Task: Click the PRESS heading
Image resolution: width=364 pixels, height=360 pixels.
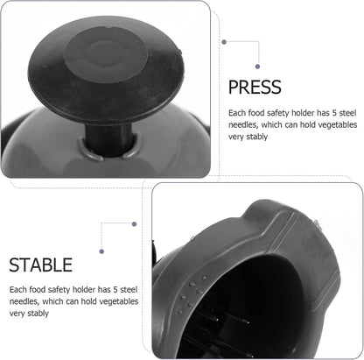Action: click(255, 87)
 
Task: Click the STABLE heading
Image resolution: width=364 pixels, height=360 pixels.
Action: click(41, 265)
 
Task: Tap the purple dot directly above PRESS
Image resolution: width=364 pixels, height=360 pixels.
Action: click(257, 67)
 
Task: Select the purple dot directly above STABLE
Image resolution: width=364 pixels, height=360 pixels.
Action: click(101, 251)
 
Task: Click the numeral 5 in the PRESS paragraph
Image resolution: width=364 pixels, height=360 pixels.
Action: click(334, 113)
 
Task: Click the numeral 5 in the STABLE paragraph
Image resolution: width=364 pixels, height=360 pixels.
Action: click(115, 289)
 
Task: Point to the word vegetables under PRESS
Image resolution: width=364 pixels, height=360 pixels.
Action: click(338, 124)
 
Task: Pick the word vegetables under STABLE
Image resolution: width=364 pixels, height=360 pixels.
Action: click(119, 301)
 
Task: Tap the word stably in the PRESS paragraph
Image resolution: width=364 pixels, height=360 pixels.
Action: click(257, 137)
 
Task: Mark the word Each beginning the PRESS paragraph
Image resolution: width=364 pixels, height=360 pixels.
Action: click(237, 113)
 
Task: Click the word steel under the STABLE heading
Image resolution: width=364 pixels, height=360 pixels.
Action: click(129, 289)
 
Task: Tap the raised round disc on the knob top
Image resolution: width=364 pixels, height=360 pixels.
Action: click(106, 55)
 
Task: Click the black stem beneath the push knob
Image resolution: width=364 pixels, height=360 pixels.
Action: click(108, 138)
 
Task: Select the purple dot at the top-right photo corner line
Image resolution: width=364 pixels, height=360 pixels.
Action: click(224, 42)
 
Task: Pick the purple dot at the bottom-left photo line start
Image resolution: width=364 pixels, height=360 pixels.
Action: click(134, 224)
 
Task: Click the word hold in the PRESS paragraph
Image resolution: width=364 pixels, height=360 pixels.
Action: click(307, 124)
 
